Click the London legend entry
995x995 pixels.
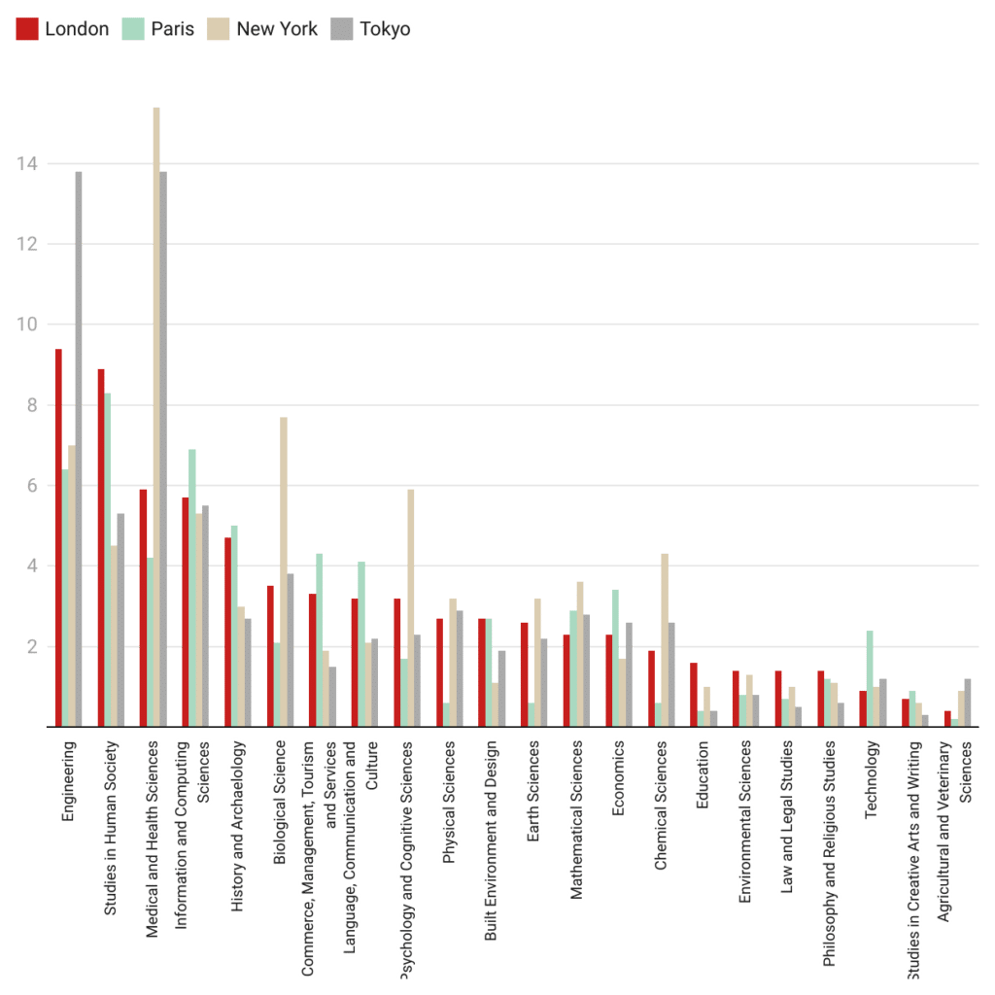63,29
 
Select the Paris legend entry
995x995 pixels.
160,29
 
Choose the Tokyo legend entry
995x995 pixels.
373,29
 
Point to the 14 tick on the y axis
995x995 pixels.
27,164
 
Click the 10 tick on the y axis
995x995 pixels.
27,325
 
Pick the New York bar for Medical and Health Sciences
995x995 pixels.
156,417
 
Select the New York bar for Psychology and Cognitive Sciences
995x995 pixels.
411,607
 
